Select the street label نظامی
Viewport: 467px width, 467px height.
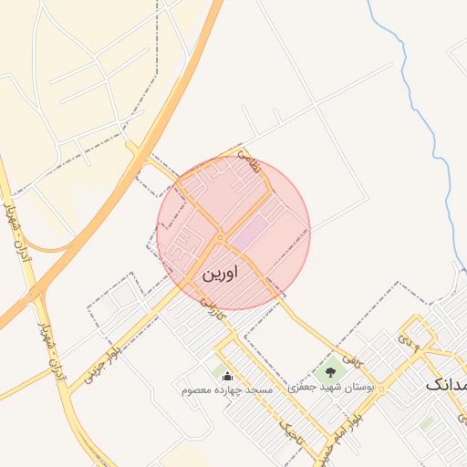(249, 163)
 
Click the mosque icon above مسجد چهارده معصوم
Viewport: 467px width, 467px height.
(227, 376)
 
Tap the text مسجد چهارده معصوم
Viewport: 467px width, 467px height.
(227, 389)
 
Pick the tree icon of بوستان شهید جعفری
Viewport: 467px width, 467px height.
(330, 371)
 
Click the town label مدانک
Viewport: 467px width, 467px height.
(446, 385)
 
